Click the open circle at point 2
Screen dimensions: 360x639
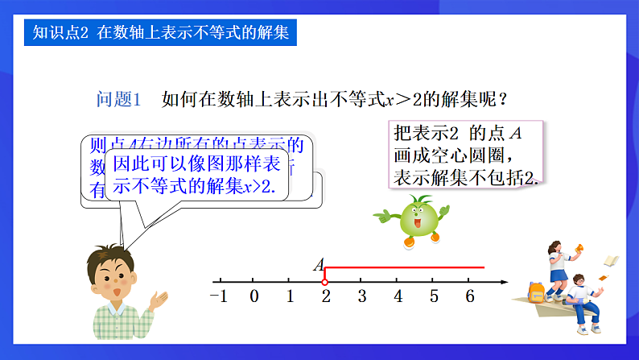pos(324,282)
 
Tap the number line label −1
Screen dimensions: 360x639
pos(218,296)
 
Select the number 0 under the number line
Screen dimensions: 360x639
pos(254,296)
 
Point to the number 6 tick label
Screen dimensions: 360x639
pos(470,296)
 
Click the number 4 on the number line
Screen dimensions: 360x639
pos(398,296)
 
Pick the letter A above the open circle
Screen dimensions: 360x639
pos(319,265)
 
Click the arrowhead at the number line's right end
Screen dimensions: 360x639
pos(504,282)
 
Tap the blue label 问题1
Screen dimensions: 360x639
pos(118,99)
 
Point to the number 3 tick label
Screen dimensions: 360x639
pos(362,296)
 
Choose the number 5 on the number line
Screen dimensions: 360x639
pos(434,296)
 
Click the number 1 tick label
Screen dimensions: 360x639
pos(291,296)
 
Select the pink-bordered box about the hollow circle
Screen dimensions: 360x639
pos(466,154)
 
